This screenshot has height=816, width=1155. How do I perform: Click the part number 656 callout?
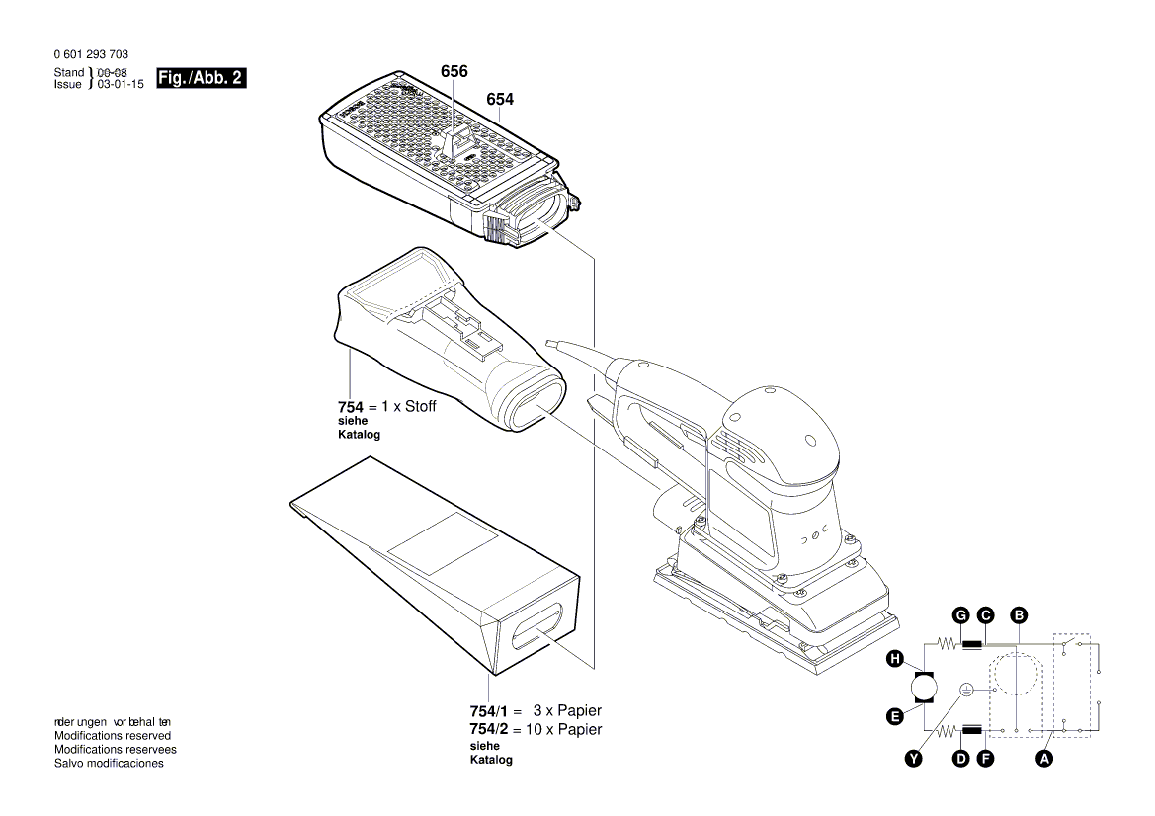click(454, 72)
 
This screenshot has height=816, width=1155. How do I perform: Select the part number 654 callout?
click(499, 99)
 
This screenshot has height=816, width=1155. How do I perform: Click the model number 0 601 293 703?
click(91, 55)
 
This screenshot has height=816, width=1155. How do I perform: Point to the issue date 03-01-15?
click(118, 85)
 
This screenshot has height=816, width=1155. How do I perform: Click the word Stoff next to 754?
click(418, 406)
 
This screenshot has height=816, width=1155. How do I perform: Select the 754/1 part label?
click(488, 710)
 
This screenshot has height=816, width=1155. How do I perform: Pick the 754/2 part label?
click(488, 729)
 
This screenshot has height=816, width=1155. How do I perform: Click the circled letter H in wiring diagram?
click(895, 659)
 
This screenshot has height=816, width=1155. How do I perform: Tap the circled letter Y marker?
click(914, 758)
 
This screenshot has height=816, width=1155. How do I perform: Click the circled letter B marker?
click(1019, 615)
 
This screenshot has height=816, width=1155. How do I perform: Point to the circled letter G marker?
click(959, 615)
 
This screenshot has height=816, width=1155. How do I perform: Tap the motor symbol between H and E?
click(924, 688)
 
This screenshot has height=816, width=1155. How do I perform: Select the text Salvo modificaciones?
click(109, 764)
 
